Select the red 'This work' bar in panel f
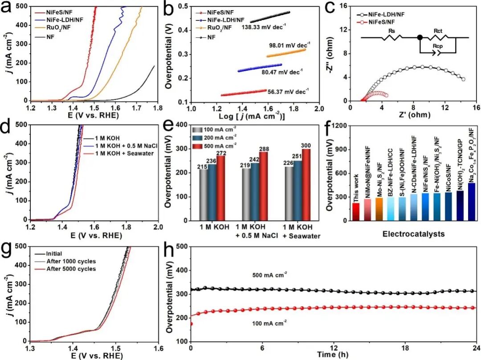click(343, 211)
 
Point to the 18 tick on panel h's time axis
click(405, 347)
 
